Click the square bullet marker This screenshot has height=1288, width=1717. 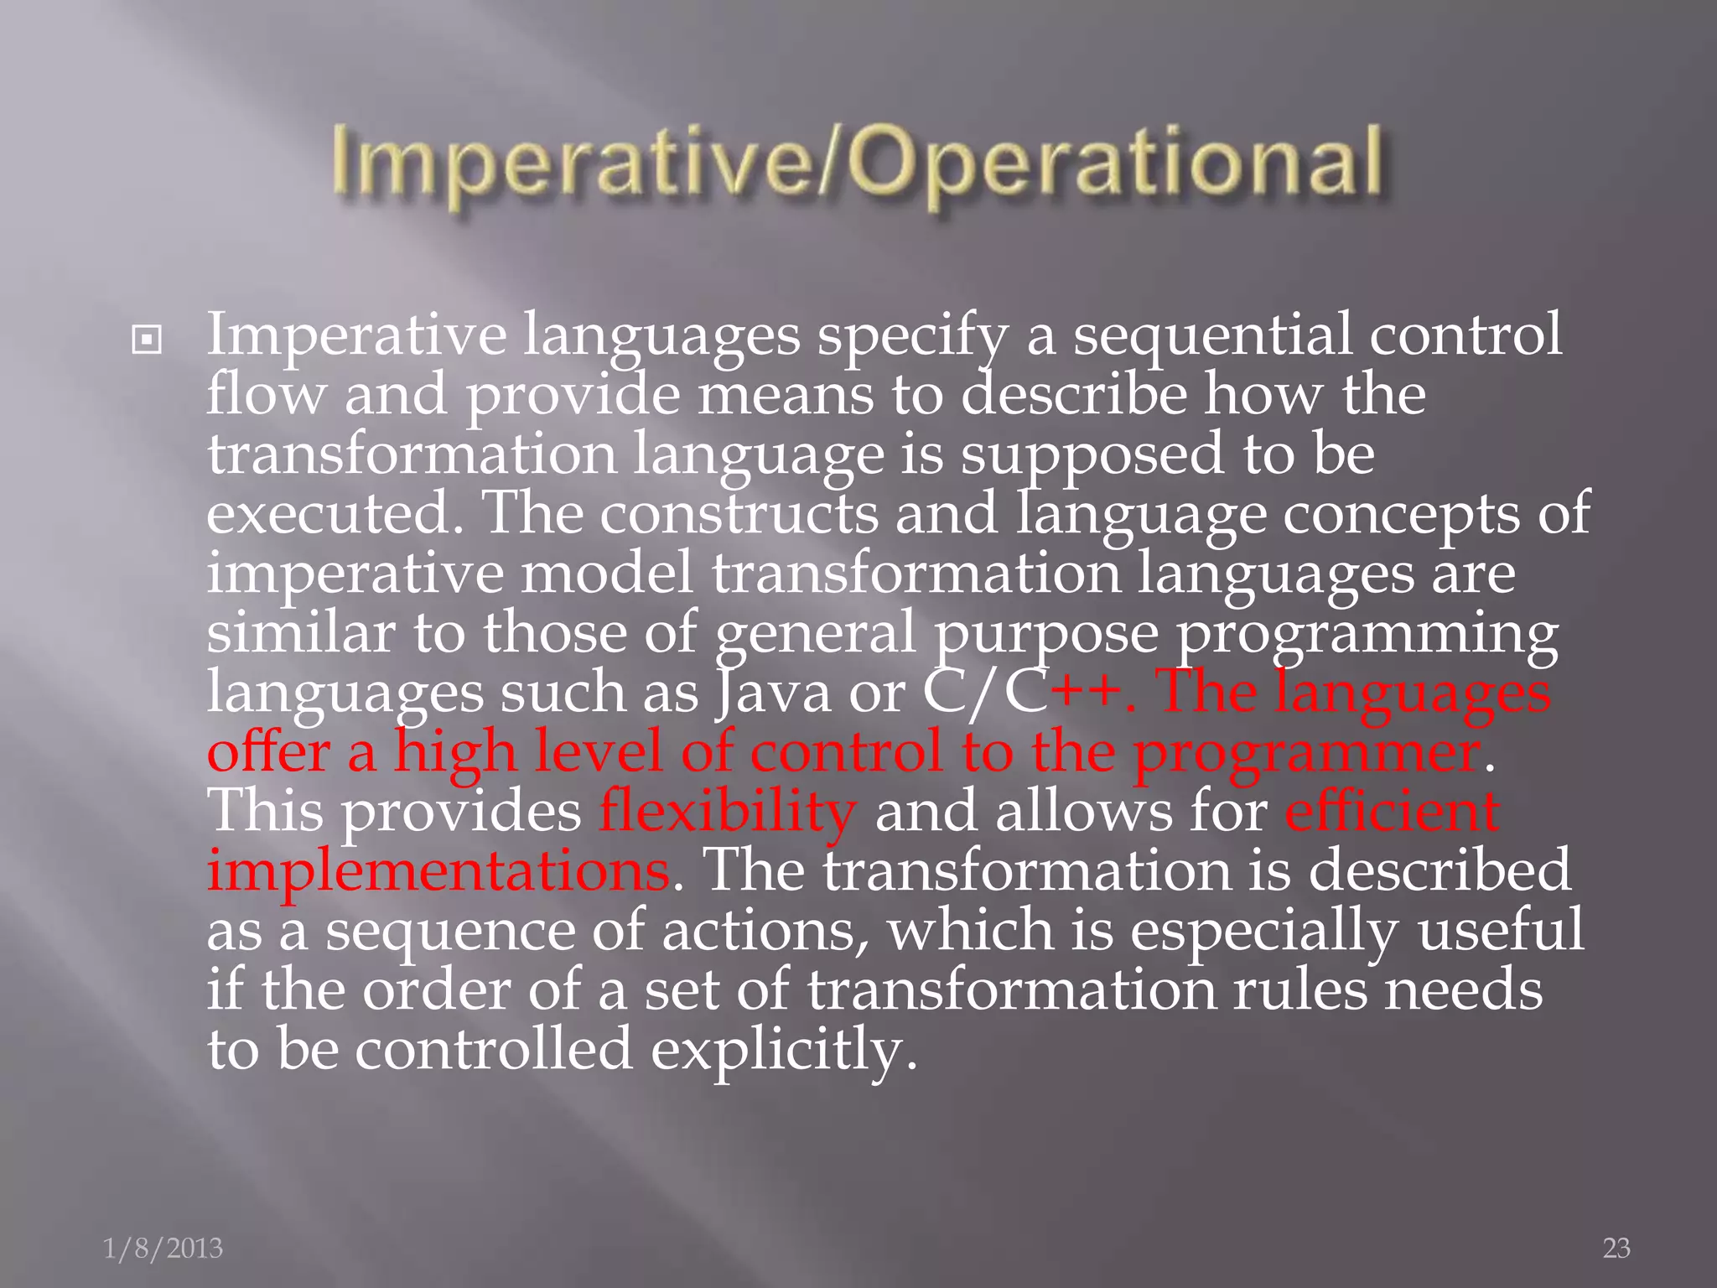(147, 340)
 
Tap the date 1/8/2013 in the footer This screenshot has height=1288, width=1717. (163, 1249)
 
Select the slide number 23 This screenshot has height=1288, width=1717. (1616, 1249)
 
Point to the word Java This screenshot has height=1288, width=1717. (773, 693)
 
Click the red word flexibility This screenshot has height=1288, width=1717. (727, 812)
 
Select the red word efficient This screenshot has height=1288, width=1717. (1392, 812)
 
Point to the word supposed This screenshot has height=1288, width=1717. (1092, 454)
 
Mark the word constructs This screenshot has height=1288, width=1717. (739, 513)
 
